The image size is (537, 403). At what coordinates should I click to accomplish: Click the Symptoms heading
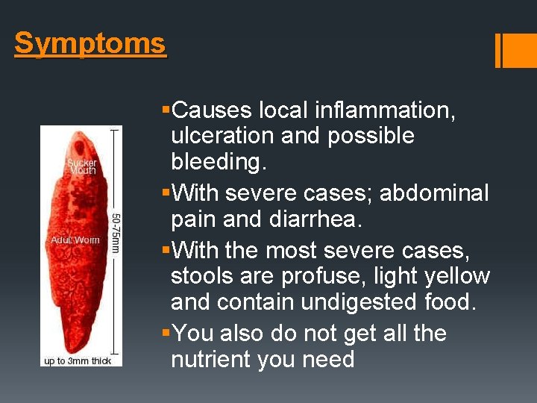point(89,44)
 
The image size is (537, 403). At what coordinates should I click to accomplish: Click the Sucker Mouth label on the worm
point(82,166)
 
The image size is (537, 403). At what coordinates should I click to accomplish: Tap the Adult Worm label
point(75,240)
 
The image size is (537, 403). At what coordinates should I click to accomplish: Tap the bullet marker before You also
point(166,333)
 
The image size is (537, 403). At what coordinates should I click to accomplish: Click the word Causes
point(212,110)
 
